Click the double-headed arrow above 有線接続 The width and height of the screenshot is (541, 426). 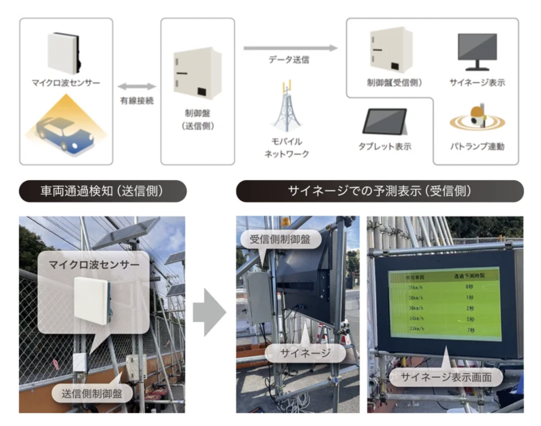tap(137, 86)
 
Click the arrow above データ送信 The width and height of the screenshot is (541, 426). tap(290, 48)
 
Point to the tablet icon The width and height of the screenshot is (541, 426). tap(385, 122)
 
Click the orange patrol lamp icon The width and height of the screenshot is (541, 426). tap(477, 117)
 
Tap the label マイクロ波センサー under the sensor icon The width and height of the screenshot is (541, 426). tap(66, 83)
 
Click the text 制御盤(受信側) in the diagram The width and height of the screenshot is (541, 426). tap(394, 83)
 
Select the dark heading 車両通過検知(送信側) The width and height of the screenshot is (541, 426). tap(103, 191)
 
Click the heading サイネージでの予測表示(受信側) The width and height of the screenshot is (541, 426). tap(380, 191)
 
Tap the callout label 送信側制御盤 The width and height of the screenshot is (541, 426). tap(92, 393)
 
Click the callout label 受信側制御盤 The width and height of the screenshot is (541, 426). tap(280, 239)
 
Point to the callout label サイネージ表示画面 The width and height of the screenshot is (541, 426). tap(446, 377)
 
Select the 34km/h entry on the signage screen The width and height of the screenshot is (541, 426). tap(416, 318)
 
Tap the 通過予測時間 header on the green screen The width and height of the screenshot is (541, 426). tap(469, 276)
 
